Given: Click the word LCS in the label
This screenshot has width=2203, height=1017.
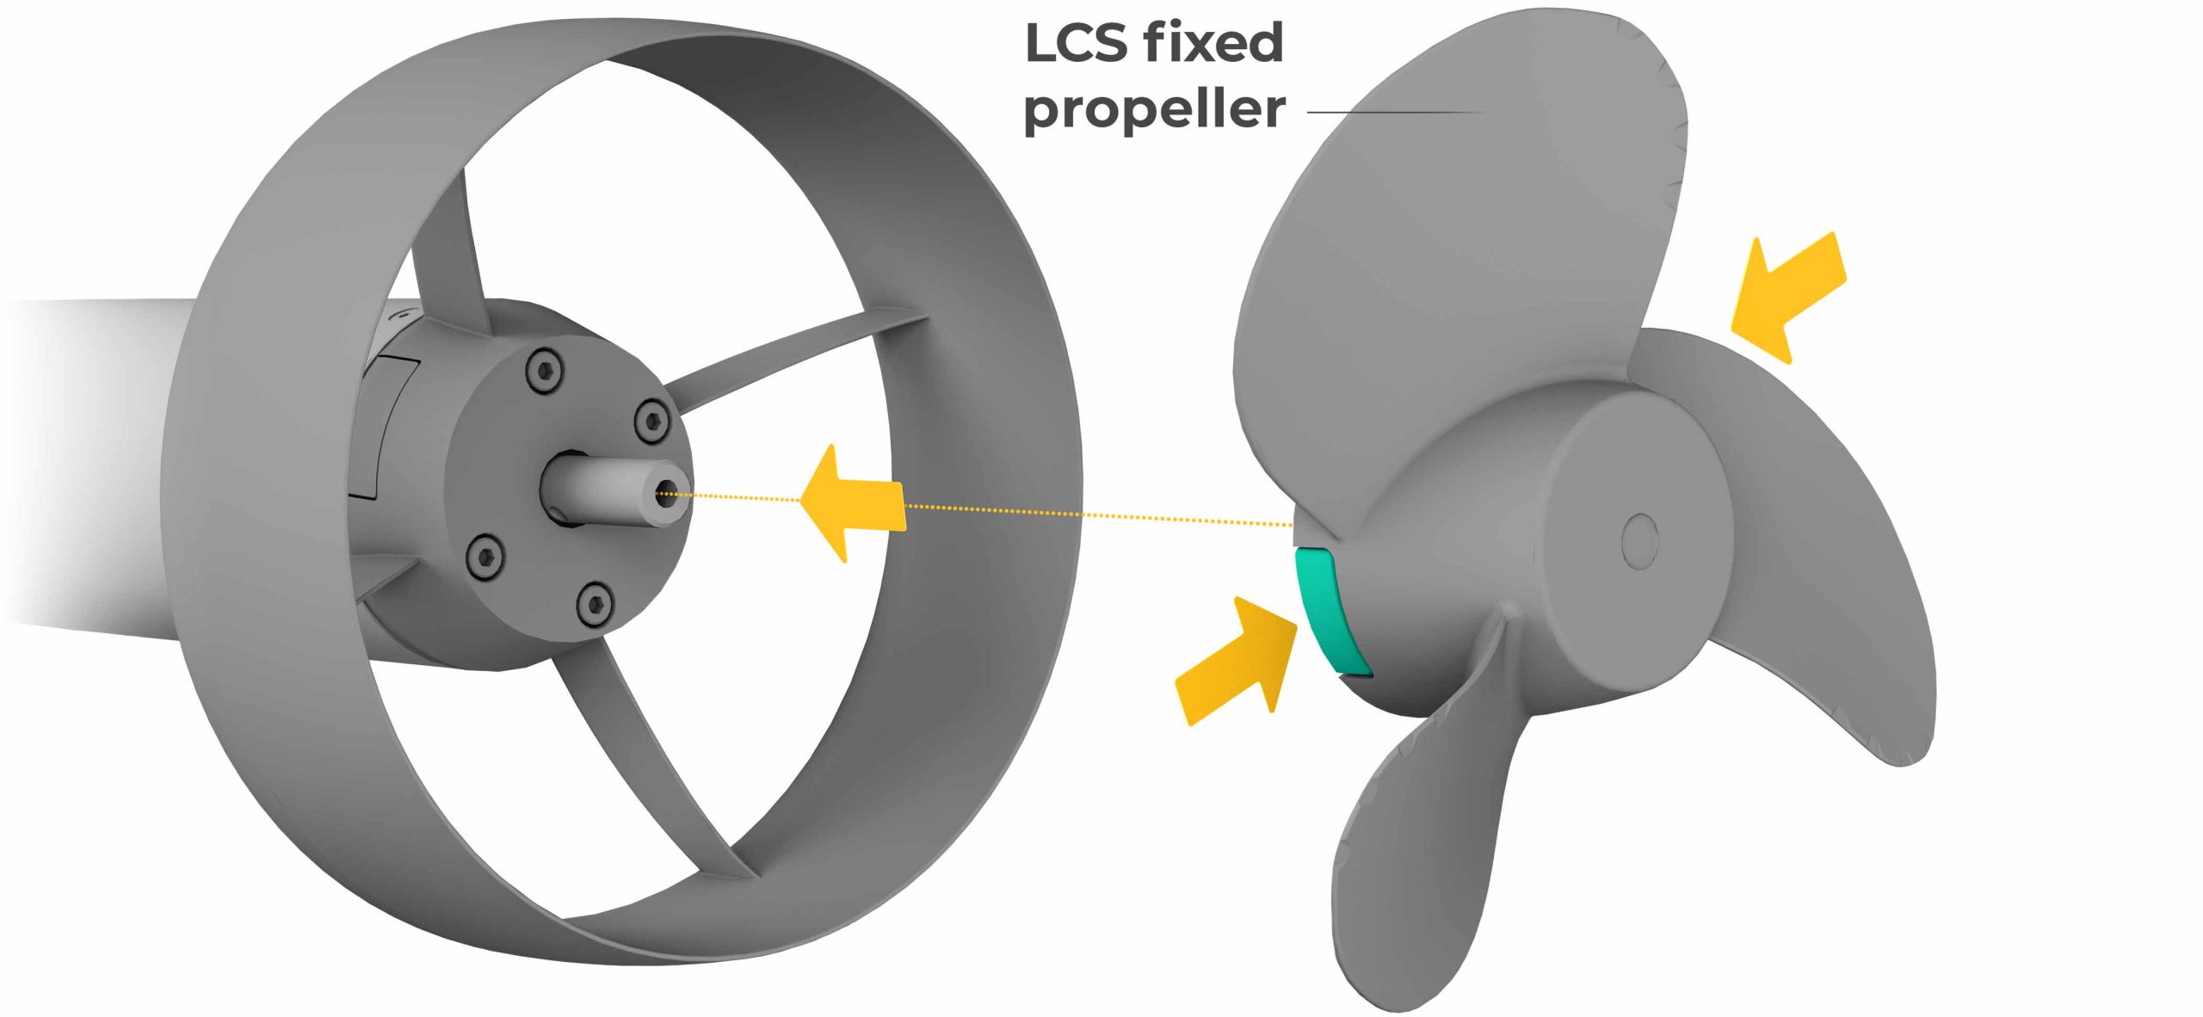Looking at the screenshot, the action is [1079, 43].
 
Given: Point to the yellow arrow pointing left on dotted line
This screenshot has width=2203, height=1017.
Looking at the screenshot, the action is [852, 503].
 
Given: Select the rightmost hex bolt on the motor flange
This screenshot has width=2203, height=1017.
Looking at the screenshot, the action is [651, 420].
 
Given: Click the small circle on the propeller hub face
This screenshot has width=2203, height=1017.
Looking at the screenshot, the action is [1638, 541].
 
